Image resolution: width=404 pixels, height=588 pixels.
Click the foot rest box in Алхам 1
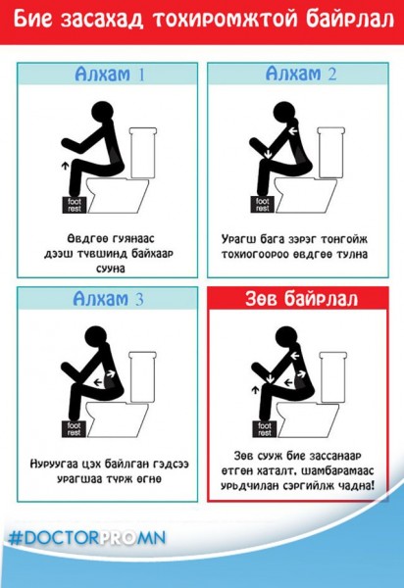click(75, 204)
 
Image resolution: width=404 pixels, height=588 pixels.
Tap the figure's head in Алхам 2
click(281, 111)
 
